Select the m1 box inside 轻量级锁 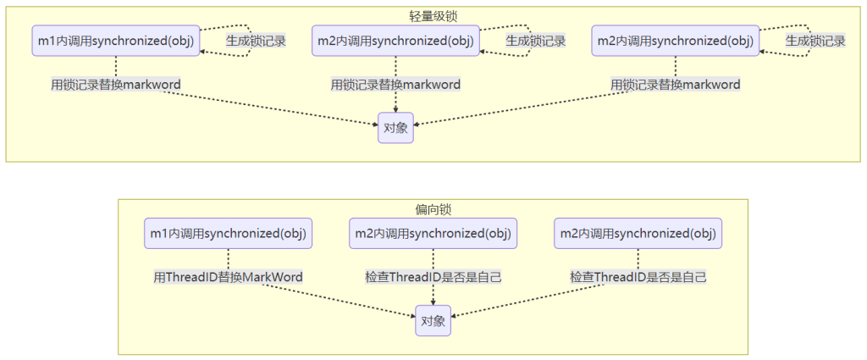(116, 40)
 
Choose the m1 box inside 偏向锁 (229, 233)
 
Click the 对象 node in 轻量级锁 (396, 128)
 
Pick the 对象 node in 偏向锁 (433, 322)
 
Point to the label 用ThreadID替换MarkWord (228, 277)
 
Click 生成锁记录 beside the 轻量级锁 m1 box (255, 40)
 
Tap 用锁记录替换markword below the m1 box (116, 85)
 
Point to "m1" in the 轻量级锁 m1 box (47, 40)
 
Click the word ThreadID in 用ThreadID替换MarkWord (193, 277)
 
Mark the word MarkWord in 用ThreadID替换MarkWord (273, 277)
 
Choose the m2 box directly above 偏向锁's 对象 (433, 233)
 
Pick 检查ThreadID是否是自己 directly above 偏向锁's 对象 (433, 277)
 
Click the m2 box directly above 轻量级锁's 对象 (396, 40)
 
